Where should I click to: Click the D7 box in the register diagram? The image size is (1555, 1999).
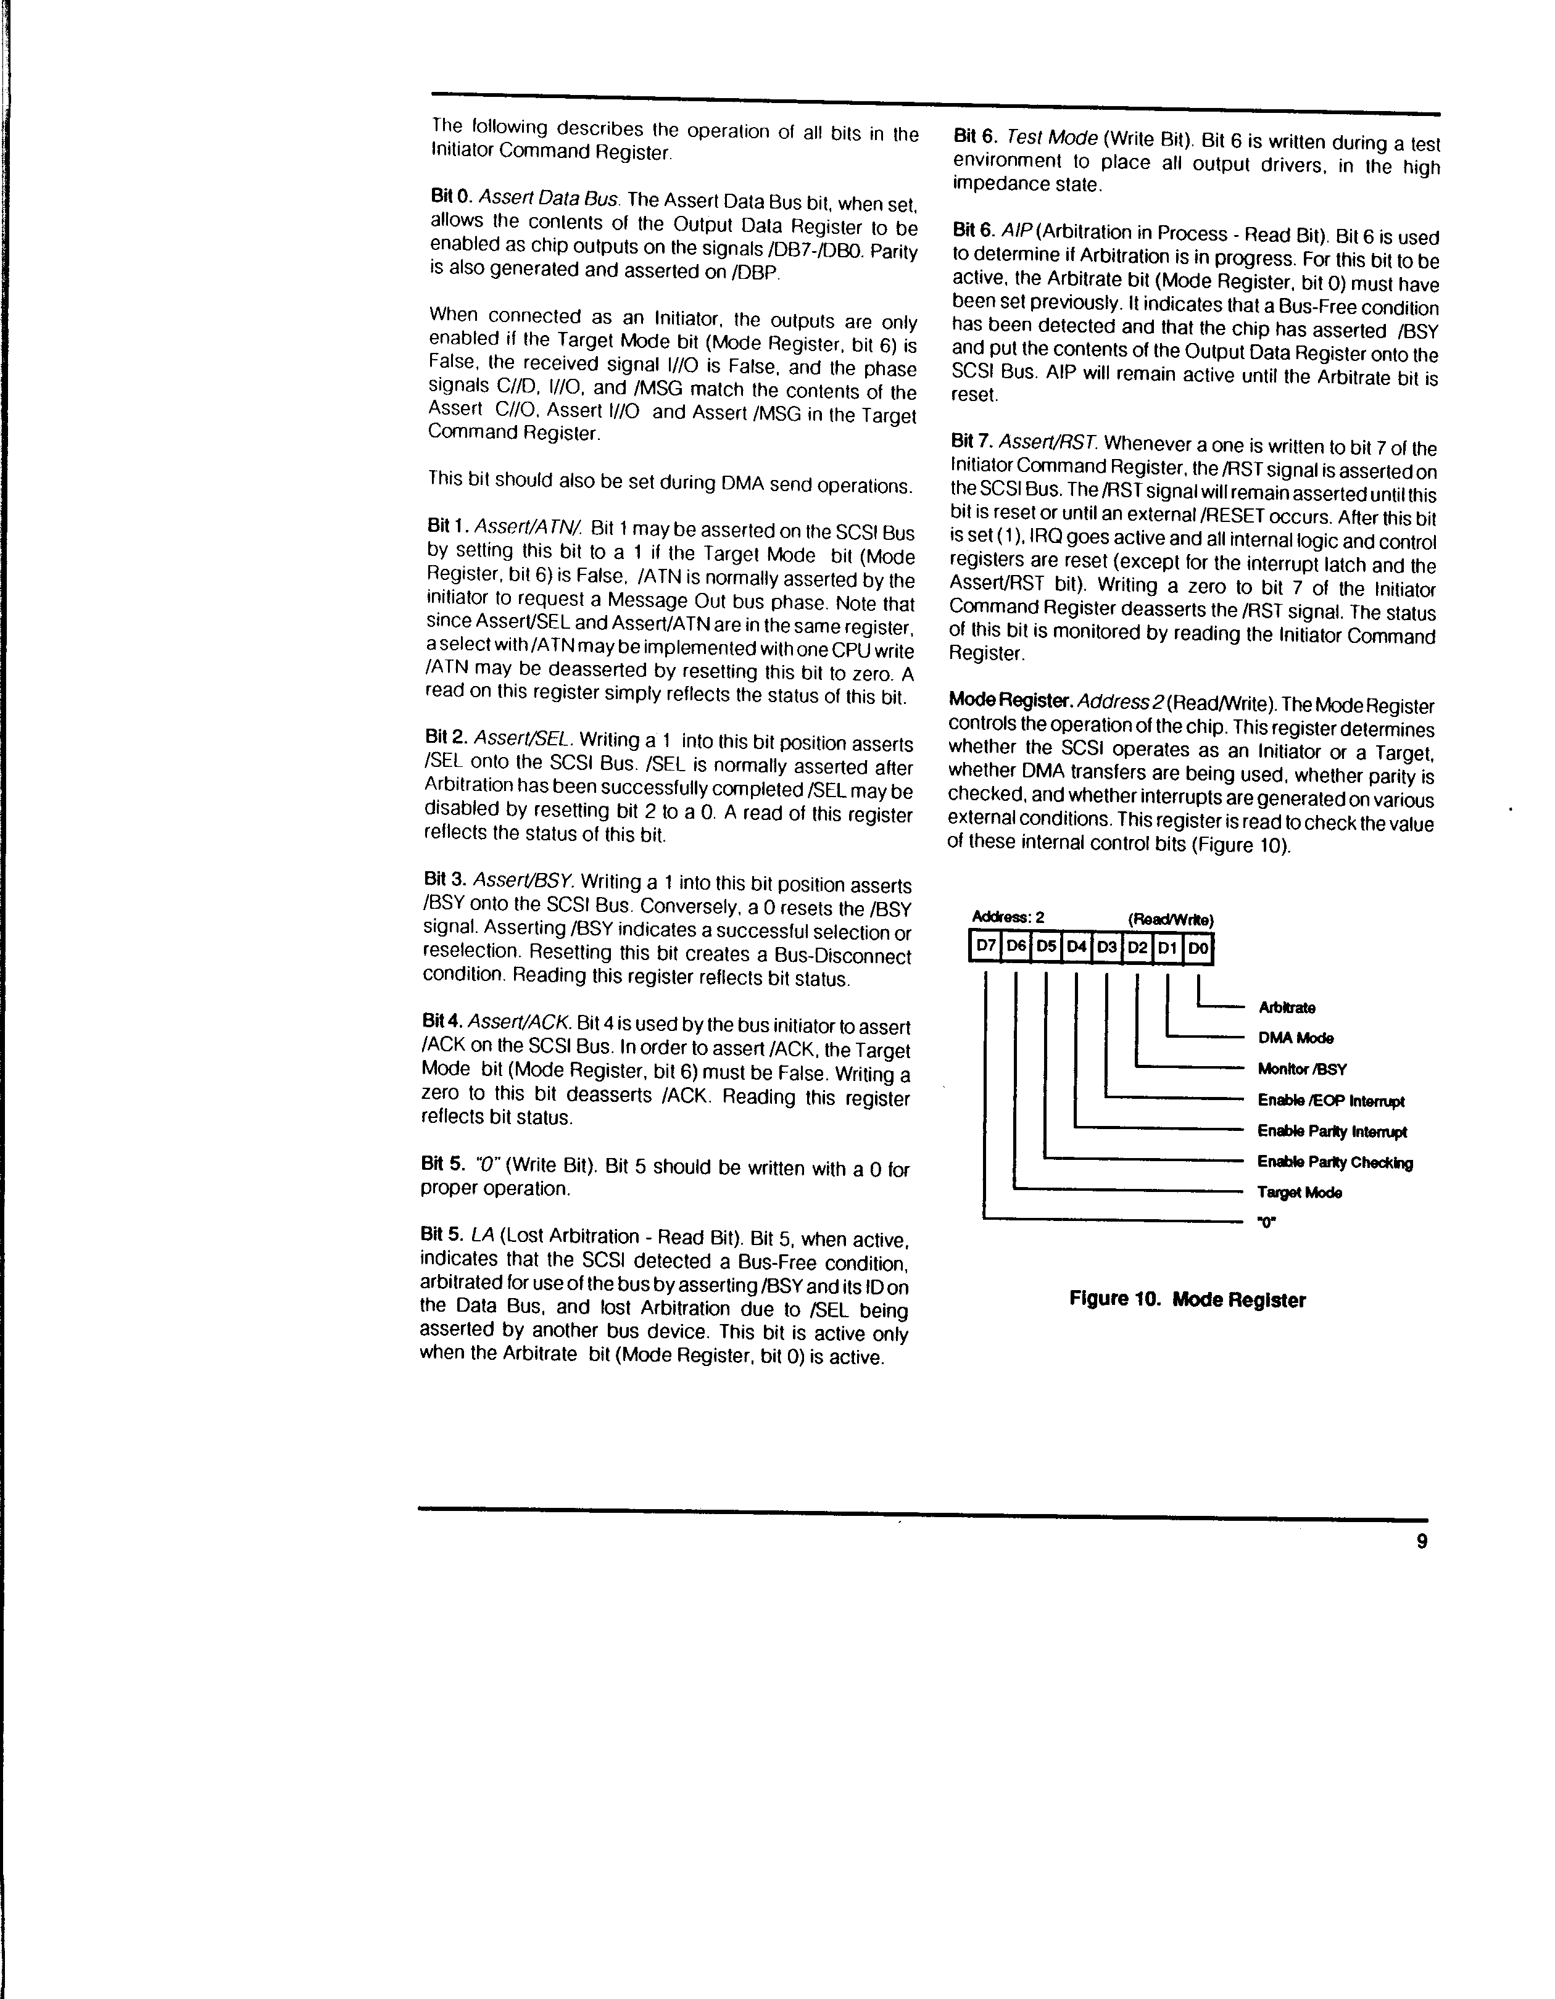tap(985, 946)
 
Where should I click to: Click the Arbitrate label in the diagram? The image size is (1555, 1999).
tap(1287, 1008)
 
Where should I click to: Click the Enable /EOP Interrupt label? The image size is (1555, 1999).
tap(1331, 1101)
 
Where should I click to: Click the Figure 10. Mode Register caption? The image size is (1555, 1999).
tap(1187, 1300)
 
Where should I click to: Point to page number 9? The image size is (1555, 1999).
tap(1421, 1541)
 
